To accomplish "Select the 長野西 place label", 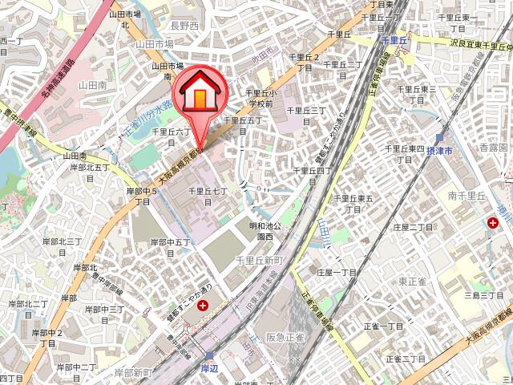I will click(x=184, y=26).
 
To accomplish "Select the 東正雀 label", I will click(x=413, y=281).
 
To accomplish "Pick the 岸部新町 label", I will click(x=133, y=351).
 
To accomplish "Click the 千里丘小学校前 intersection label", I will click(x=260, y=98).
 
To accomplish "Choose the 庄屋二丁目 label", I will click(x=414, y=227).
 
